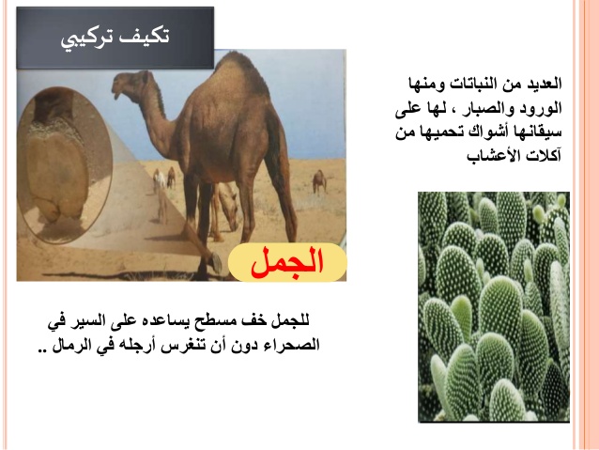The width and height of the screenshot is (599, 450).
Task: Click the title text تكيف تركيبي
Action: click(x=115, y=39)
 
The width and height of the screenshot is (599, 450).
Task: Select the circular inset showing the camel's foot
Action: click(x=65, y=164)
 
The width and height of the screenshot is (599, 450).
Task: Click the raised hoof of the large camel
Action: click(x=215, y=262)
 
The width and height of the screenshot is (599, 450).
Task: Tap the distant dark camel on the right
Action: click(x=319, y=181)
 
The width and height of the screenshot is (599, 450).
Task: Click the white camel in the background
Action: click(x=160, y=180)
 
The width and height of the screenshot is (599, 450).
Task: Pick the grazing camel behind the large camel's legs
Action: click(x=226, y=209)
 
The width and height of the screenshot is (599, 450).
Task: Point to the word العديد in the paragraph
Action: click(x=544, y=84)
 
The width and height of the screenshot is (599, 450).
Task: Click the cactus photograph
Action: click(x=494, y=306)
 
